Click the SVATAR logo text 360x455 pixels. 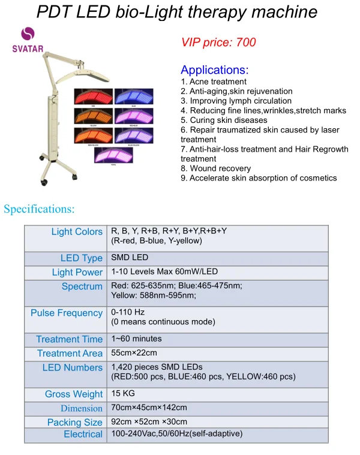(28, 49)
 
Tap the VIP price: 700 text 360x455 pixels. (218, 42)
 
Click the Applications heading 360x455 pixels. (214, 70)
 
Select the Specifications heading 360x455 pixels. (39, 209)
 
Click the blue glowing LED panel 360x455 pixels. (134, 97)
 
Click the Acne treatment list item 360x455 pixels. (214, 82)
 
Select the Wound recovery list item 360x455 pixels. (215, 168)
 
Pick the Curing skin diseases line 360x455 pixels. (224, 120)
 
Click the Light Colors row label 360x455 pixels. (77, 232)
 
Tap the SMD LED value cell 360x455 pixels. (130, 258)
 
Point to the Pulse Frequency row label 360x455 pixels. (67, 313)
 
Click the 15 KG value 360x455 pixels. (122, 394)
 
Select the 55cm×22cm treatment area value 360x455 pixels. (134, 353)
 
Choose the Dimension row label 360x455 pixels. (81, 408)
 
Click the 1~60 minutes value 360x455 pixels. (136, 339)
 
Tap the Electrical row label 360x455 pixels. (83, 434)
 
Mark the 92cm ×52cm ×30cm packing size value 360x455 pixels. (149, 421)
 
